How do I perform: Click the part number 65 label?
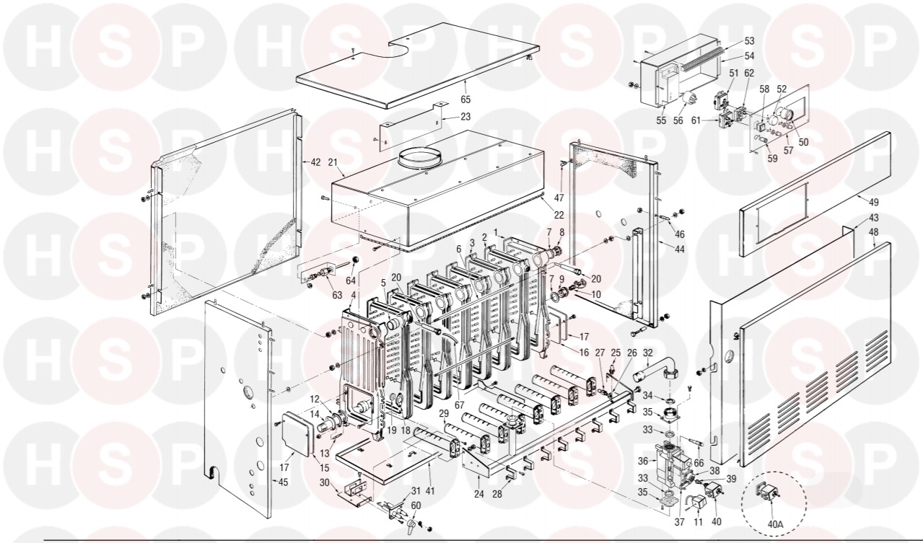[465, 98]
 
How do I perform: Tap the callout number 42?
[315, 162]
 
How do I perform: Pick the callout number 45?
[283, 482]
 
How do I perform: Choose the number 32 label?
[647, 353]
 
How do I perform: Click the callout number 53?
[749, 41]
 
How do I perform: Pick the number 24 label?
[480, 495]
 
